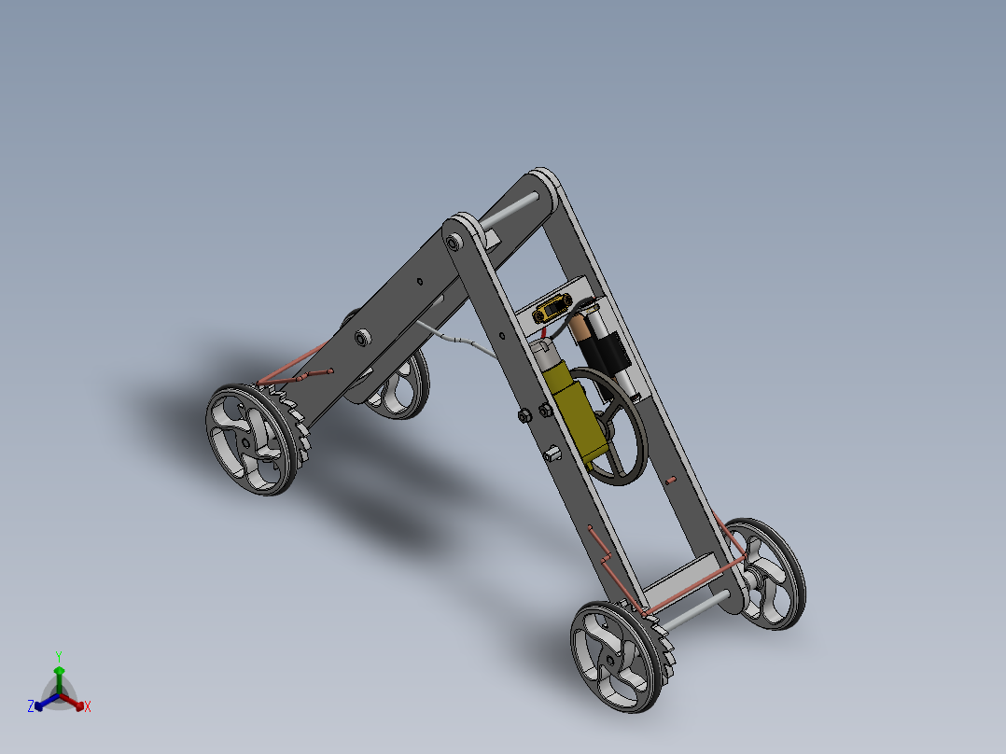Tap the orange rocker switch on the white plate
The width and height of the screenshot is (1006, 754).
coord(552,307)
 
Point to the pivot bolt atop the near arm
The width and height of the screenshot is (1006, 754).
coord(454,243)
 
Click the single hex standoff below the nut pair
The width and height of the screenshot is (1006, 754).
coord(552,454)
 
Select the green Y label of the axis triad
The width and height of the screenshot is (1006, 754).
coord(58,655)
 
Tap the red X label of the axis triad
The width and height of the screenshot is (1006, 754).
coord(88,707)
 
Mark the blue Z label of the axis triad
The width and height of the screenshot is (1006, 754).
coord(30,707)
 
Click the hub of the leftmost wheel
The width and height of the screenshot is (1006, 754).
coord(245,442)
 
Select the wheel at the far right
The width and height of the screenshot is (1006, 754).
coord(769,572)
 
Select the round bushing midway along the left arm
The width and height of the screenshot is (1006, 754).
coord(363,336)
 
